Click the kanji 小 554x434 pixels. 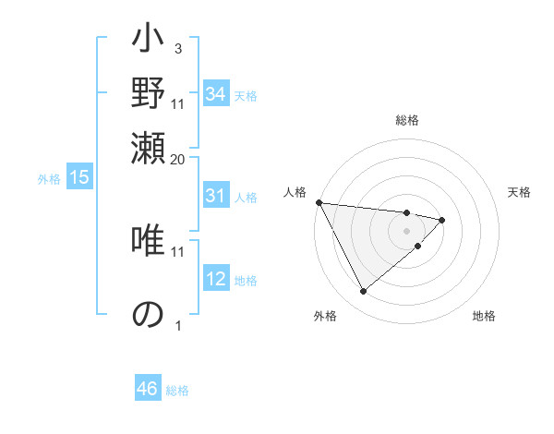pos(148,42)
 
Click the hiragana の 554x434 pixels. pos(148,314)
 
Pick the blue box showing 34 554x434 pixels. pos(215,94)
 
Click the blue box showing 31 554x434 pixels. pos(215,196)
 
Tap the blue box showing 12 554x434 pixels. pos(215,279)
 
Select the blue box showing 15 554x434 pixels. pos(79,178)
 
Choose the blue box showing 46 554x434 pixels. pos(148,389)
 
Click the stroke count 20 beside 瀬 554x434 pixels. pos(178,159)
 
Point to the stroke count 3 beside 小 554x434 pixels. pos(177,47)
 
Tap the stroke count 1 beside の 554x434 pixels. pos(178,325)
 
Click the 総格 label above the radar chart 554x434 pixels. pos(406,120)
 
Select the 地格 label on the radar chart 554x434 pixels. pos(484,316)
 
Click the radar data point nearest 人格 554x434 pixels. pos(319,202)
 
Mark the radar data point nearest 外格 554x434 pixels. pos(363,292)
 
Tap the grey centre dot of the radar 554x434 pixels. pos(406,230)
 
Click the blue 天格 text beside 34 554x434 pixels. pos(246,95)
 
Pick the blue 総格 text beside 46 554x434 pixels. pos(177,390)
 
